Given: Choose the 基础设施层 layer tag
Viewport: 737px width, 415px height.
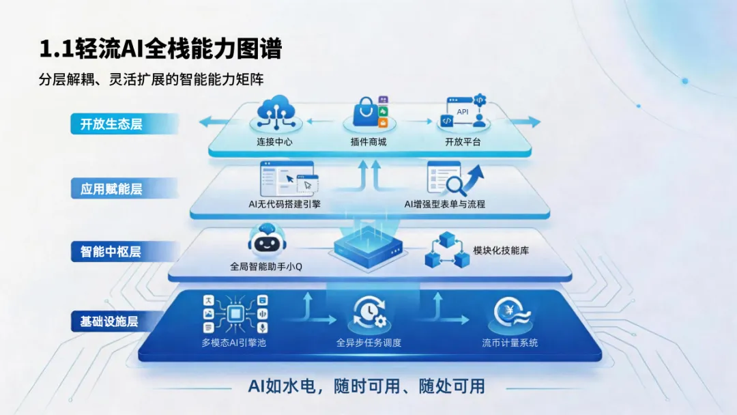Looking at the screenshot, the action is pos(109,321).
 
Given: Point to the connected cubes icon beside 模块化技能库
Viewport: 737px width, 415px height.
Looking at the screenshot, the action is pos(444,250).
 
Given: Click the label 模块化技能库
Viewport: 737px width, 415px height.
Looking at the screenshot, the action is pos(501,251).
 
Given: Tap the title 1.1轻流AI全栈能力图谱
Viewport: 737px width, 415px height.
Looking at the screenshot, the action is pos(160,50).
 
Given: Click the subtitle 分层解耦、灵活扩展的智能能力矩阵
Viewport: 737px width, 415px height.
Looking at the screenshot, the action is pos(151,79).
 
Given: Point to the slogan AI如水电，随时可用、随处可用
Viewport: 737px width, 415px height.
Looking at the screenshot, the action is pos(366,386).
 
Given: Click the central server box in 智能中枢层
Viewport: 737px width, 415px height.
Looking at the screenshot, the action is pos(369,245).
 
